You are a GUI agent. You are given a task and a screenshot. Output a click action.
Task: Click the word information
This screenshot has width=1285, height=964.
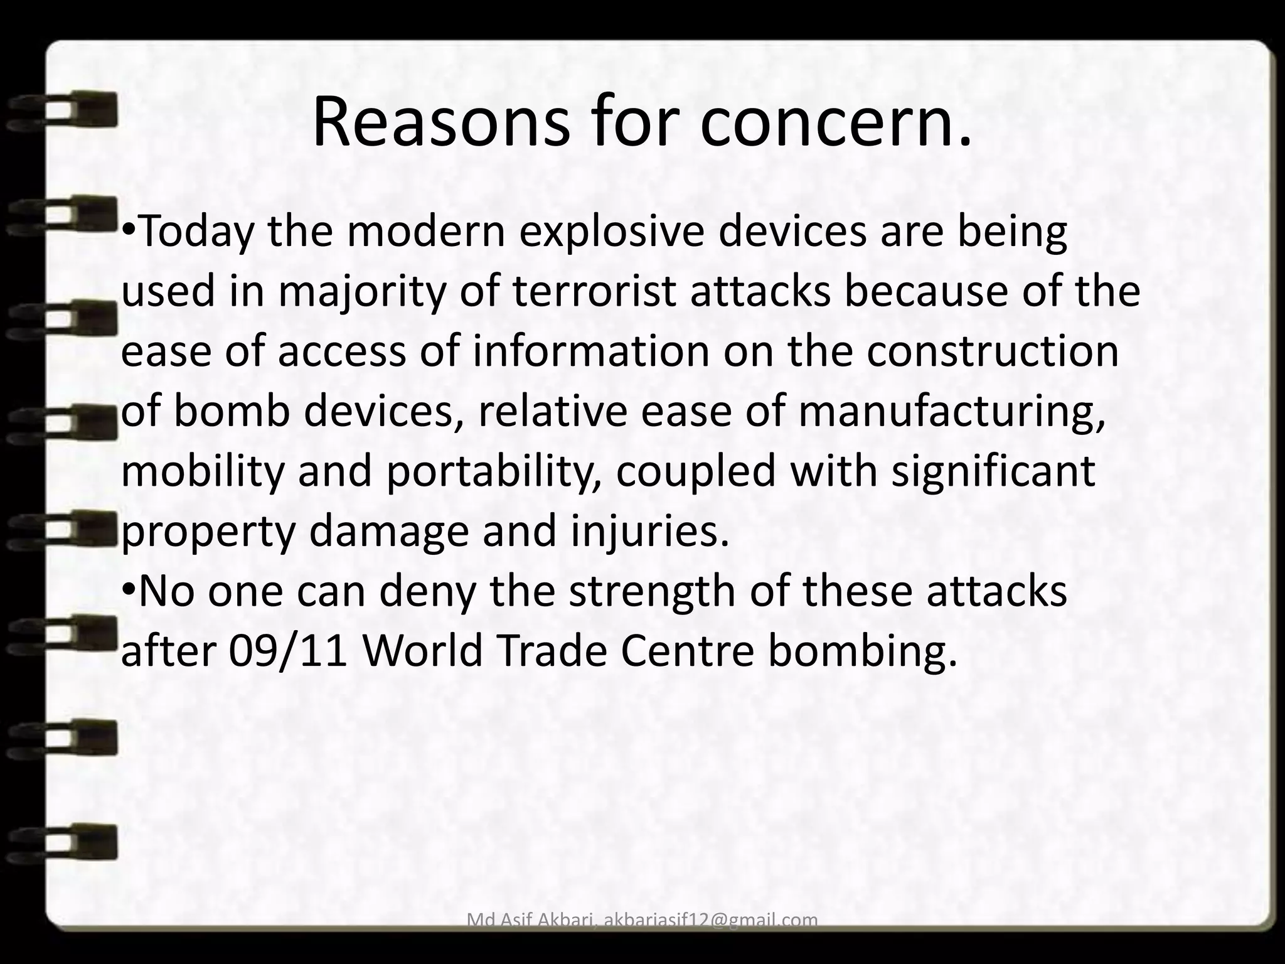[591, 351]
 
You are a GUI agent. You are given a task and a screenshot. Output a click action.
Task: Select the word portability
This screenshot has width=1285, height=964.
[494, 472]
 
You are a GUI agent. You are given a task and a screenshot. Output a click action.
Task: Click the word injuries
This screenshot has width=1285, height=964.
[651, 532]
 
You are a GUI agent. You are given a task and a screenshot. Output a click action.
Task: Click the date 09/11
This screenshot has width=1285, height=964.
[288, 651]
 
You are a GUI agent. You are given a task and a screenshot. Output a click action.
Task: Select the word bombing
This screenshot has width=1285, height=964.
[863, 653]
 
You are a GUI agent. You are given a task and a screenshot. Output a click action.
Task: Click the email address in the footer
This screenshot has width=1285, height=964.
[710, 920]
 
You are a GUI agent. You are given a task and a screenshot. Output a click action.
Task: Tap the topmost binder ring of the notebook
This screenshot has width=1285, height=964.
[63, 109]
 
